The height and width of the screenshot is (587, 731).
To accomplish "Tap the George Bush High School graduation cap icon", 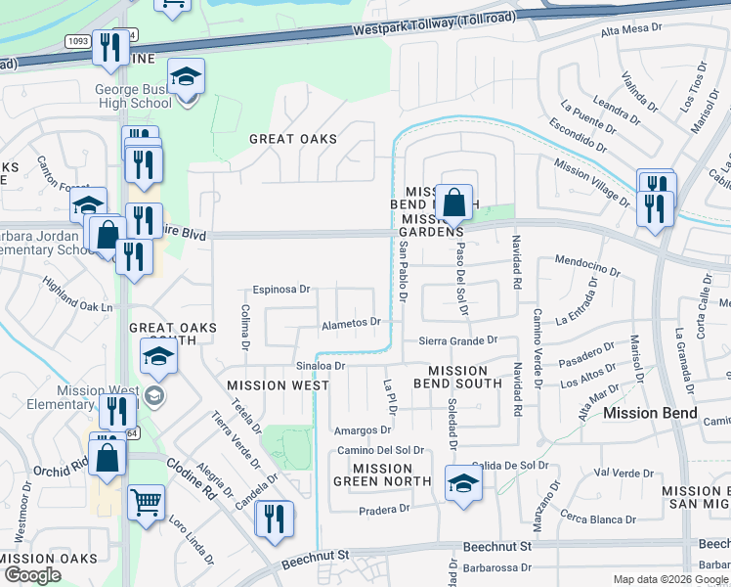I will click(184, 78).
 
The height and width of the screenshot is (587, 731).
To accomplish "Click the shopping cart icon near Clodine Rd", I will click(146, 504).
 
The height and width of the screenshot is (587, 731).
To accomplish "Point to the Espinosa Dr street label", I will click(281, 290).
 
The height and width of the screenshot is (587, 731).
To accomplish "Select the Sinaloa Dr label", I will click(321, 365).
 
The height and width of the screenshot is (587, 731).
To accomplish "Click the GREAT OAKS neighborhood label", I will click(292, 139).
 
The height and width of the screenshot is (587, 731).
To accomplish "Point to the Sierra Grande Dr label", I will click(458, 340).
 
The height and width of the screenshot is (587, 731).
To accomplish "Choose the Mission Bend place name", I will click(650, 413).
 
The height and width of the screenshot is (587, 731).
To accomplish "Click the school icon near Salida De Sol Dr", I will click(463, 483).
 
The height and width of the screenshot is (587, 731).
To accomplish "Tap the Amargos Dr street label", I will click(362, 429).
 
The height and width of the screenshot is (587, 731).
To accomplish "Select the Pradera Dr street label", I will click(384, 510).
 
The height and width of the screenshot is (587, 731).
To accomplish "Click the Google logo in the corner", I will click(32, 575).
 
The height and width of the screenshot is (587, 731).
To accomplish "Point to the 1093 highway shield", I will click(79, 41).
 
